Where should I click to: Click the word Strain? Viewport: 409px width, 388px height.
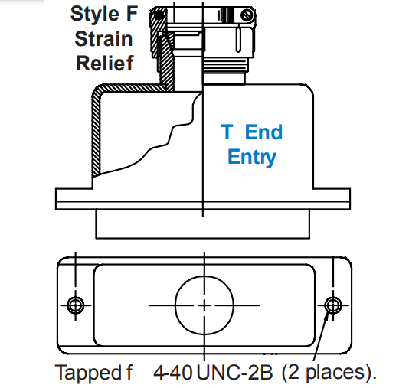pyautogui.click(x=103, y=37)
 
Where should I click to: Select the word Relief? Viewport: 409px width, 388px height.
pyautogui.click(x=104, y=62)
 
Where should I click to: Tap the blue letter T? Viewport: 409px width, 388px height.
pyautogui.click(x=227, y=132)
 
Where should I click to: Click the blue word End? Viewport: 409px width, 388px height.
pyautogui.click(x=264, y=132)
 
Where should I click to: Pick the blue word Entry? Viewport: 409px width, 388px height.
pyautogui.click(x=252, y=158)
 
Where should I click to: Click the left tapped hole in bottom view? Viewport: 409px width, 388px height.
pyautogui.click(x=74, y=305)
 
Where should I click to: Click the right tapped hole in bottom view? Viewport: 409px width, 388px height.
pyautogui.click(x=332, y=305)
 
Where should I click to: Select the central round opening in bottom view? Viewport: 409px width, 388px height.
pyautogui.click(x=203, y=305)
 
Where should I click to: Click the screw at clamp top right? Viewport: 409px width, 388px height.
pyautogui.click(x=247, y=15)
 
